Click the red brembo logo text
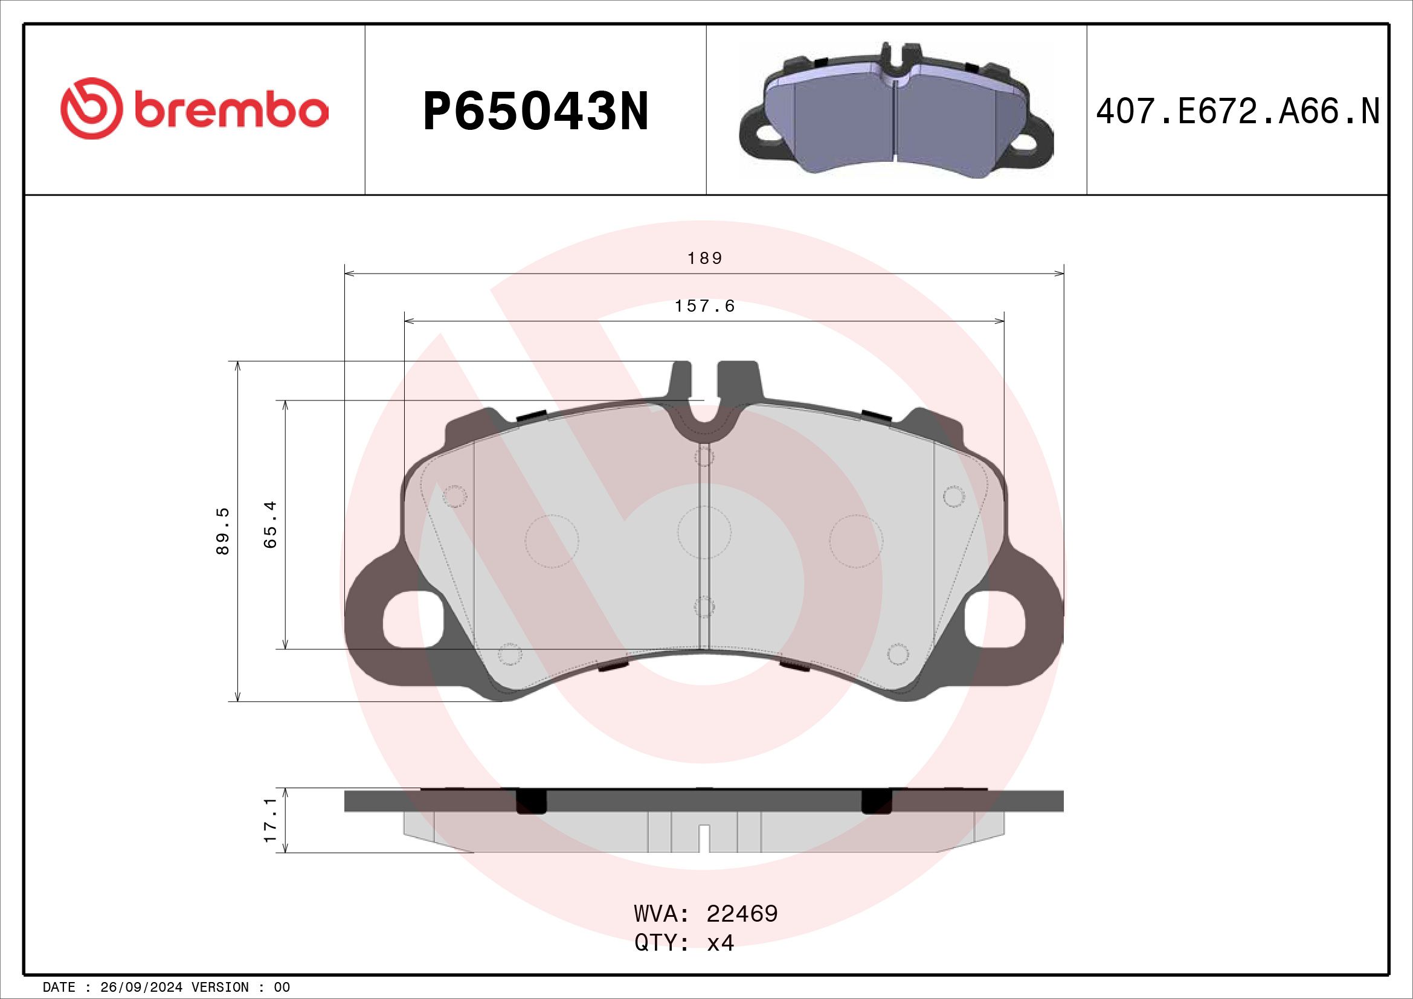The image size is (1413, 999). click(x=230, y=111)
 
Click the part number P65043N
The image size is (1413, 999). click(x=535, y=112)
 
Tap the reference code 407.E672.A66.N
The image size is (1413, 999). click(x=1238, y=112)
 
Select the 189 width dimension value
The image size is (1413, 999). click(x=704, y=259)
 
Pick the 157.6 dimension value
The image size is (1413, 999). click(x=704, y=306)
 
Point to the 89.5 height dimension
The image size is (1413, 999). click(x=223, y=531)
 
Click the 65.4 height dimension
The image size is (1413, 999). click(x=270, y=524)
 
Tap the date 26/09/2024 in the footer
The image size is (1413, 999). click(x=141, y=988)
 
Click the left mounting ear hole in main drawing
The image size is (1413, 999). click(x=413, y=620)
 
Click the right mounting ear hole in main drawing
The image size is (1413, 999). click(x=995, y=620)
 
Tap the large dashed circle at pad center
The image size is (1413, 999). click(x=704, y=532)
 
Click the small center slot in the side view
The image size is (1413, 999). click(x=704, y=838)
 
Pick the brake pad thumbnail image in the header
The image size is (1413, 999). click(x=896, y=111)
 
